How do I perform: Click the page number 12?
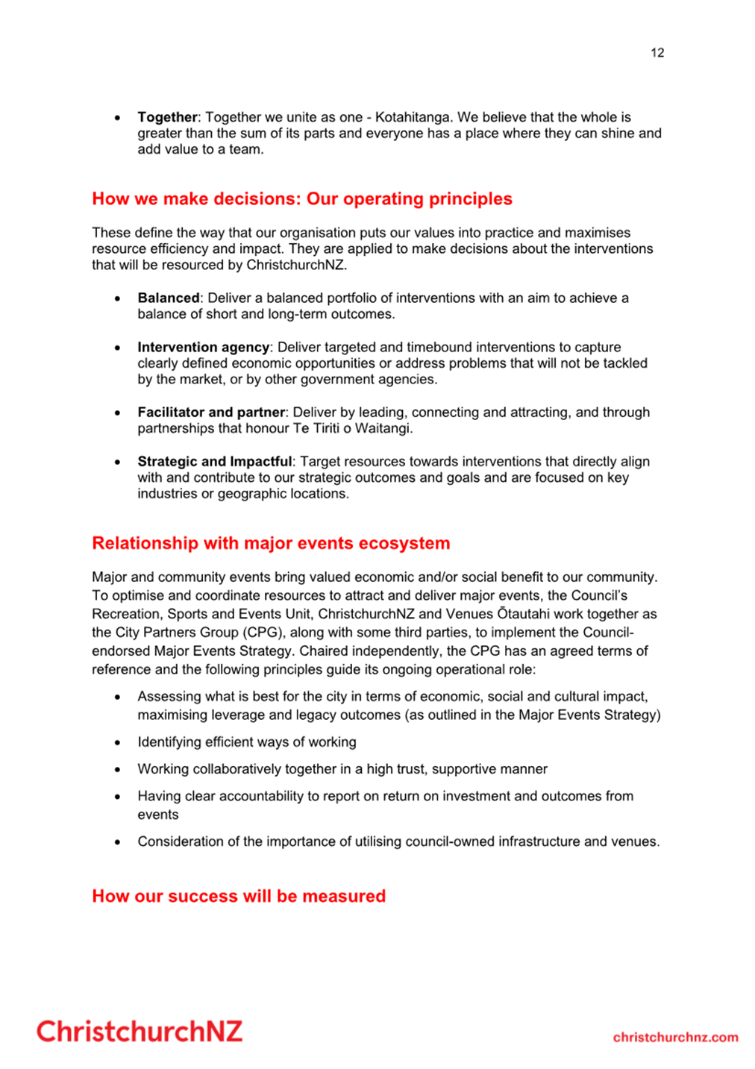coord(657,52)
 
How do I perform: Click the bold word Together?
coord(167,117)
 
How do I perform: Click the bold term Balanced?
coord(168,298)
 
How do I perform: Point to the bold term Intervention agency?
coord(203,348)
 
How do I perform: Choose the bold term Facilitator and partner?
coord(211,413)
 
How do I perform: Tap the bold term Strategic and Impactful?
coord(214,462)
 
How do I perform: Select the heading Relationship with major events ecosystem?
coord(271,543)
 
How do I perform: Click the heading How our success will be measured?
coord(239,896)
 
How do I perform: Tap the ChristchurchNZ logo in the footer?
coord(140,1032)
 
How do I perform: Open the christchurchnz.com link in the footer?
coord(675,1038)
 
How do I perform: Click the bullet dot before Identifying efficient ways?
coord(118,743)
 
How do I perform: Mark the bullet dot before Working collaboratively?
coord(118,770)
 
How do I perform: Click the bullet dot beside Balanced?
coord(118,299)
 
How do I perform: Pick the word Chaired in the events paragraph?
coord(321,651)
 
